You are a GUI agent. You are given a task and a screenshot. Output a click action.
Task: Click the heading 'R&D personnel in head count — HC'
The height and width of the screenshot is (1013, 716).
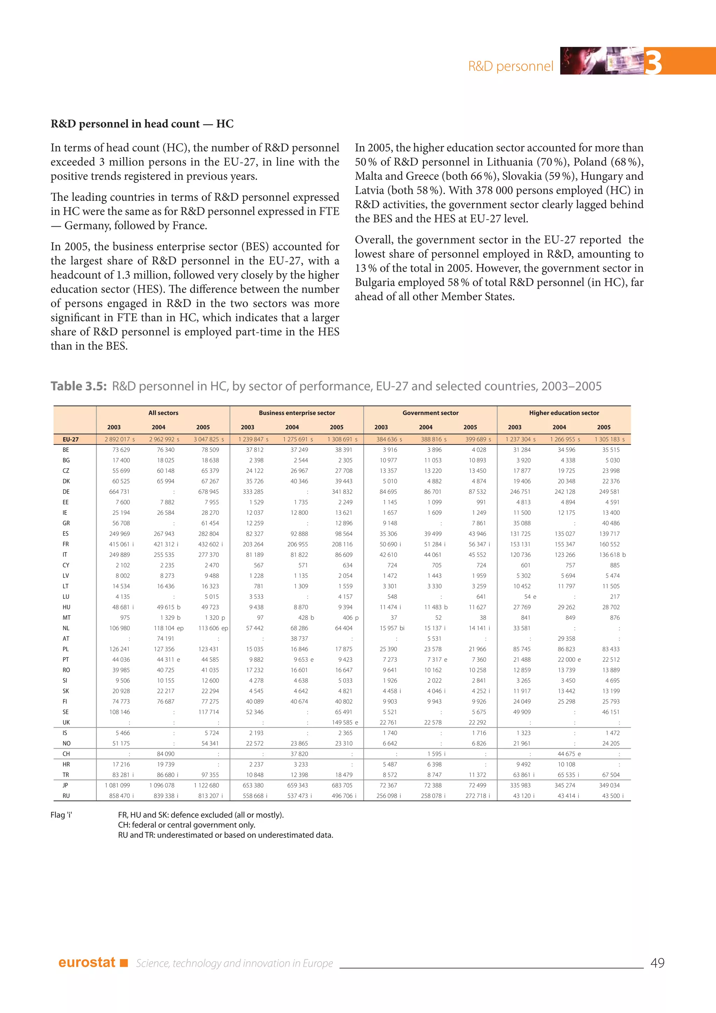[x=142, y=124]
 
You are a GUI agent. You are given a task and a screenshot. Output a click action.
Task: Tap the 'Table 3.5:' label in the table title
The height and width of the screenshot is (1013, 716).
[x=78, y=386]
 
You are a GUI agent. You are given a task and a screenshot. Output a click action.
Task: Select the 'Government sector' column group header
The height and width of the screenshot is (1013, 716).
[x=430, y=413]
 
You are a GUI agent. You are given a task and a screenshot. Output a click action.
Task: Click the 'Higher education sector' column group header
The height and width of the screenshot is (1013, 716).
[x=564, y=413]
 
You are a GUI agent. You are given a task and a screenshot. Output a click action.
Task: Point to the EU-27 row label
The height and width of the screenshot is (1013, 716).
[x=71, y=439]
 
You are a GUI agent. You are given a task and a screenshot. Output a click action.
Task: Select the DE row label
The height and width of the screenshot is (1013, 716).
[x=66, y=491]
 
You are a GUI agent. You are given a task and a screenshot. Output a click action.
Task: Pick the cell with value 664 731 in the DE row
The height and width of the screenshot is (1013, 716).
[x=120, y=491]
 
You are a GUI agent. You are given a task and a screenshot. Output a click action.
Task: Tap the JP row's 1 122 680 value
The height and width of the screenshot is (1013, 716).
[x=206, y=785]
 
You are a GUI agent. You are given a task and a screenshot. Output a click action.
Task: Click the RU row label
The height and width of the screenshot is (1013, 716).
[x=66, y=796]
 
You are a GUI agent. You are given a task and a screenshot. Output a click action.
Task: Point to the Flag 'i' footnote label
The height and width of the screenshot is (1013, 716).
[x=61, y=815]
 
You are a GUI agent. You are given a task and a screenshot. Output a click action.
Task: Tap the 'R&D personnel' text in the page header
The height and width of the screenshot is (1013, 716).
[x=510, y=66]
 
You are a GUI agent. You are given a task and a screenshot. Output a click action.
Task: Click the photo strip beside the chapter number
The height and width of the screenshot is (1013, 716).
[x=601, y=61]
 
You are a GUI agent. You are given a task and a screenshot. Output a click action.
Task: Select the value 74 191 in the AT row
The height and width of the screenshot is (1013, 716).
[x=165, y=638]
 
